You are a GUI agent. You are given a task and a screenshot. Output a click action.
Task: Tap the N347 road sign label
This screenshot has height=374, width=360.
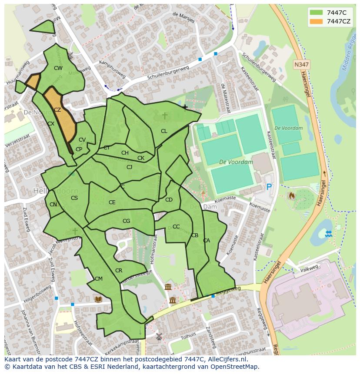pos(301,64)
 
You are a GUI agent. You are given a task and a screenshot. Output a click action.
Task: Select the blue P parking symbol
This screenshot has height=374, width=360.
pos(269,187)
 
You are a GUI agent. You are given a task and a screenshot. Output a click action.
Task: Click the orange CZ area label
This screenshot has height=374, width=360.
pos(57,110)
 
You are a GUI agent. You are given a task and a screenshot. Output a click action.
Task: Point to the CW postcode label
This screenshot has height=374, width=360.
pos(58,68)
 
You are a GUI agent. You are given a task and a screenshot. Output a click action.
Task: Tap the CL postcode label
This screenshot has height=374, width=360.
pos(164,131)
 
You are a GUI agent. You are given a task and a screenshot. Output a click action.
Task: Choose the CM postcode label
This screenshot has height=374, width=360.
pos(99,279)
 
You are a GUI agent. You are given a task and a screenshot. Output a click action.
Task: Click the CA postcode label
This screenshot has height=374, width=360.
pos(207,241)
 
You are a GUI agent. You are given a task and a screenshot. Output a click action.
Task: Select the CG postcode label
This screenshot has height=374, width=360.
pos(126,221)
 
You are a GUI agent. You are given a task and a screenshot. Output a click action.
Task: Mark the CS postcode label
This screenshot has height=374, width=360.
pos(74,198)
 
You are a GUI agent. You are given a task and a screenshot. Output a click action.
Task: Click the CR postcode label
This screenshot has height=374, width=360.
pos(119,271)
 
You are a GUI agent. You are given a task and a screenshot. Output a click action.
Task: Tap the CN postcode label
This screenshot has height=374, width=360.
pos(53,205)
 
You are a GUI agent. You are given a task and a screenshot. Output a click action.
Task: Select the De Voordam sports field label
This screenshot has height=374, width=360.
pos(236,162)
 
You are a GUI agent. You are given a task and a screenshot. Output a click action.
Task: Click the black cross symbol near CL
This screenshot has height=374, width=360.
pos(185,107)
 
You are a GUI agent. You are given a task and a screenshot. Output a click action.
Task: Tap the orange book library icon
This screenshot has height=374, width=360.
pos(98,299)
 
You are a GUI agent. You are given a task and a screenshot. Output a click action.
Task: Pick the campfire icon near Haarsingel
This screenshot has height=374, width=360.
pos(291,196)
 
